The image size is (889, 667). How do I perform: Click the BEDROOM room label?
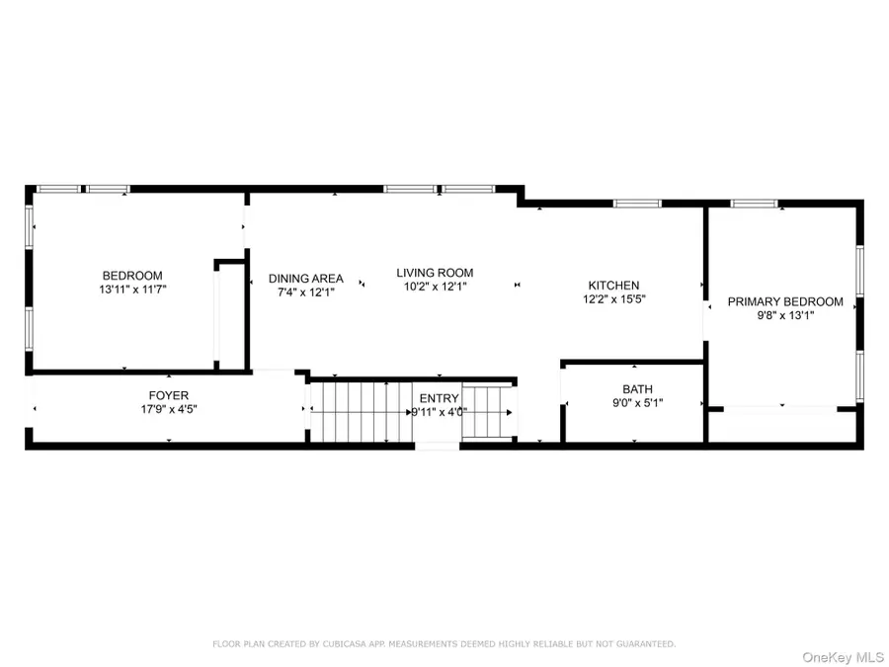pos(131,276)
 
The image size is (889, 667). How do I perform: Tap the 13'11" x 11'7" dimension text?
pos(131,290)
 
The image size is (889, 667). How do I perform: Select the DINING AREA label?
pos(306,279)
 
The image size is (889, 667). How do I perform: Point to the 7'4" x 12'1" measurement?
pos(306,292)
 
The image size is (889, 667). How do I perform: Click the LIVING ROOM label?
pos(435,273)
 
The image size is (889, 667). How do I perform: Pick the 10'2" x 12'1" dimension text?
pos(435,287)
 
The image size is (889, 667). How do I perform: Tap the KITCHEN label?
pos(614,286)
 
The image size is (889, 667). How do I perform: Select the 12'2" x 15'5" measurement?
pos(614,299)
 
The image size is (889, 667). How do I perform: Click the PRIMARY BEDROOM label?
pos(785,302)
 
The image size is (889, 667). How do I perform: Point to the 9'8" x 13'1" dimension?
pos(785,316)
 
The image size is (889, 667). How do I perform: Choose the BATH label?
pos(637,389)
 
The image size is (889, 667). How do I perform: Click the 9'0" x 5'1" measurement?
pos(637,403)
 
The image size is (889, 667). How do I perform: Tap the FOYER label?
pos(168,395)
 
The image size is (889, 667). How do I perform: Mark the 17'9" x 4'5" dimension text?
pos(168,409)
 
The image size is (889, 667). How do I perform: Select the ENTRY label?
pos(439,398)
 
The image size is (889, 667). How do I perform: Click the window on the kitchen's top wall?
pos(637,204)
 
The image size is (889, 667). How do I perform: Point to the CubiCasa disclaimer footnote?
pos(444,644)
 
